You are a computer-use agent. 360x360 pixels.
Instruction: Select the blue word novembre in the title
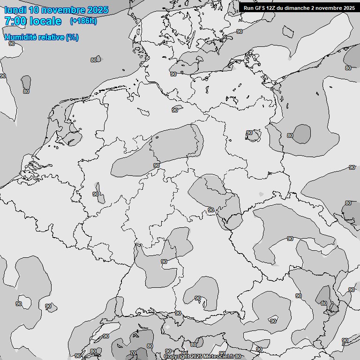pyautogui.click(x=64, y=10)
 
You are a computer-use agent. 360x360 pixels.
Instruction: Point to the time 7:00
pyautogui.click(x=15, y=21)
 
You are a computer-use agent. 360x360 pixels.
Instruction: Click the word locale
pyautogui.click(x=45, y=21)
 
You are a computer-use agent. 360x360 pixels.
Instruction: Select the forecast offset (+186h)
pyautogui.click(x=83, y=21)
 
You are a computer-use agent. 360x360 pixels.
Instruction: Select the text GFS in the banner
pyautogui.click(x=260, y=7)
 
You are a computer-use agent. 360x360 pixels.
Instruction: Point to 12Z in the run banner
pyautogui.click(x=271, y=7)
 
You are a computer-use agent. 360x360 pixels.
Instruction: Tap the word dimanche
pyautogui.click(x=295, y=7)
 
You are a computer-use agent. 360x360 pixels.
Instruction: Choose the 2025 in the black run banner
pyautogui.click(x=349, y=7)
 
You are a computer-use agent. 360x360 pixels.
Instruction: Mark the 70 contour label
pyautogui.click(x=133, y=353)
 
